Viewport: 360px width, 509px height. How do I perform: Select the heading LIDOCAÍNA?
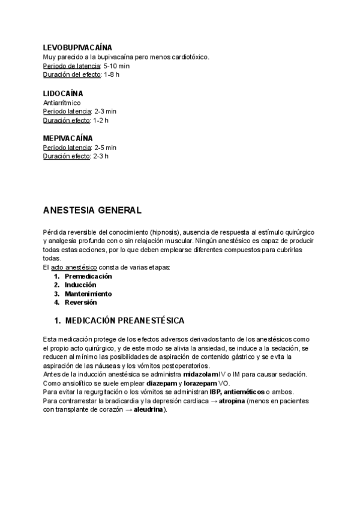(63, 94)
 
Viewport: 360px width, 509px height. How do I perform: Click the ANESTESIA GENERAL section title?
(92, 211)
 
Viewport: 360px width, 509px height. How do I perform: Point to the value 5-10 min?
(116, 66)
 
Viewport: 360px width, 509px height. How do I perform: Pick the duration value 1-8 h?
(111, 75)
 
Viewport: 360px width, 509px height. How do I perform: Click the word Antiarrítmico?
(62, 103)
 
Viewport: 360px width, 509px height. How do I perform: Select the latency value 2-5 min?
(106, 147)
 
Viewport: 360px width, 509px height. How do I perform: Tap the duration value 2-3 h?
(101, 156)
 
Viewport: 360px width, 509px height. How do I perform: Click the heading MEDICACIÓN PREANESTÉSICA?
(124, 321)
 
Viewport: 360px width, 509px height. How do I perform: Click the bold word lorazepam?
(200, 383)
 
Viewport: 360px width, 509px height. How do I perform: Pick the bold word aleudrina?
(149, 410)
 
